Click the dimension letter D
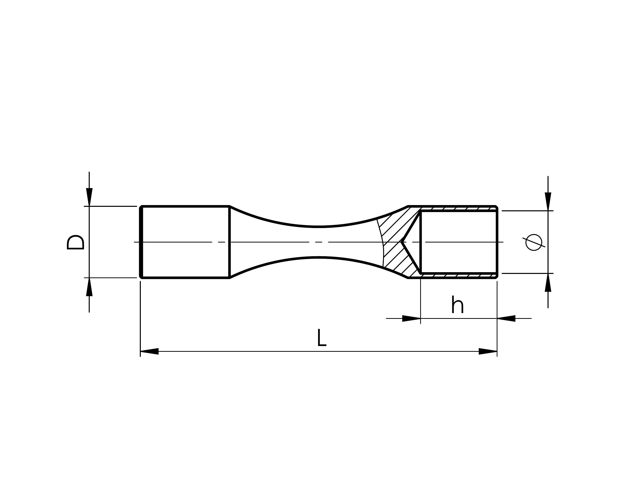[75, 242]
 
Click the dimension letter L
[321, 338]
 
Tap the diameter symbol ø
[534, 242]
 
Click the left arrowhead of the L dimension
[149, 351]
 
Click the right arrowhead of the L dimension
[488, 351]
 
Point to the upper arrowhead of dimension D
[89, 197]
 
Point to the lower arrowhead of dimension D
[89, 287]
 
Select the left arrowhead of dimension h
[411, 319]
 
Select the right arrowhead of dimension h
[506, 319]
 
